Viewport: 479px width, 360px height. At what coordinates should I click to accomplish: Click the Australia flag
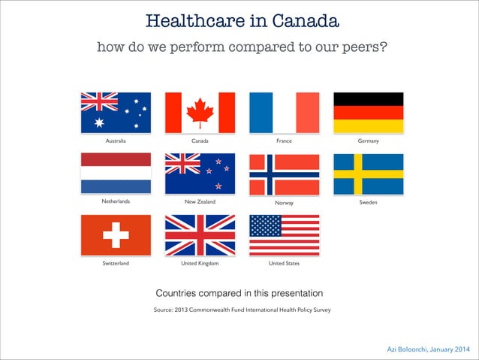coord(116,112)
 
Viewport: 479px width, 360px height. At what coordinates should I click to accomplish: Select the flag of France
coord(284,112)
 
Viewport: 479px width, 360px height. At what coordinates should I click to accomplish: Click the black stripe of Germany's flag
coord(368,98)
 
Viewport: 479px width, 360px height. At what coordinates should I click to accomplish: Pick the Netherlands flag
coord(116,173)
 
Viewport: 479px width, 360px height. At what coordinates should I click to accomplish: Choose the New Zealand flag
coord(200,173)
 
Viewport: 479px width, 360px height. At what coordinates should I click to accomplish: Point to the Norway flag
coord(284,174)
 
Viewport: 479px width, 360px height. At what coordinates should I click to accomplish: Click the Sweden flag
coord(368,173)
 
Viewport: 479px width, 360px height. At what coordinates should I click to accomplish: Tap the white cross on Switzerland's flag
coord(116,234)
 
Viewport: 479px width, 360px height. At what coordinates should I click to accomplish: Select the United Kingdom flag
coord(200,234)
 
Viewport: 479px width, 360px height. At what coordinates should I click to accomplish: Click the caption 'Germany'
coord(368,141)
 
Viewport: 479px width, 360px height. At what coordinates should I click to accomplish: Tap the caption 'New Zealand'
coord(200,202)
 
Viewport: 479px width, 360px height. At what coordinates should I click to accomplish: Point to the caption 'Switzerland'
coord(116,264)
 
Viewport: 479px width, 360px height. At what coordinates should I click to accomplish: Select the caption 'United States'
coord(284,264)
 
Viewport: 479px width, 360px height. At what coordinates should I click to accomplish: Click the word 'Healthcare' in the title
coord(190,20)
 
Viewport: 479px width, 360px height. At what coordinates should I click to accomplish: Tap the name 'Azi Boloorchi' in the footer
coord(411,349)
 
